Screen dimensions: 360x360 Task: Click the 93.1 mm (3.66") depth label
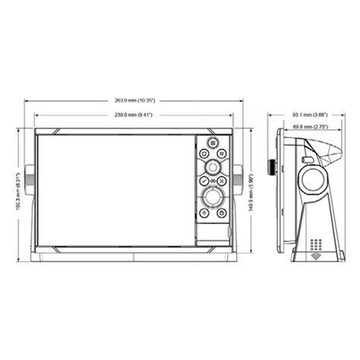(309, 115)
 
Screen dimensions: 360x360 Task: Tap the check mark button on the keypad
(203, 181)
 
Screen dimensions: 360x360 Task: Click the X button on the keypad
(221, 181)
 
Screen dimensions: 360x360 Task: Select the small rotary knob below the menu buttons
(212, 166)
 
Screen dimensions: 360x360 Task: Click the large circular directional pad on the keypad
(212, 201)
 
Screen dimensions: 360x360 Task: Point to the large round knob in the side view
(314, 180)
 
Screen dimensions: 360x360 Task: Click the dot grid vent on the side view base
(317, 245)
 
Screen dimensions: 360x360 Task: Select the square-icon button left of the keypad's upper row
(204, 152)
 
